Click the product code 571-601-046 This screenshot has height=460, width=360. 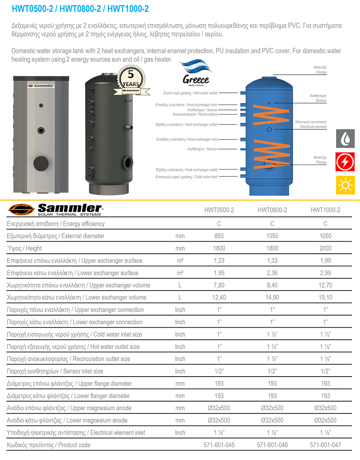click(x=272, y=445)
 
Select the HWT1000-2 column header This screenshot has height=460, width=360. click(x=325, y=210)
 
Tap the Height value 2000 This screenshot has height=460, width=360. click(x=325, y=248)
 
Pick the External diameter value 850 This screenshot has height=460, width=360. click(x=219, y=236)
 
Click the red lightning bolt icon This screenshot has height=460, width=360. click(x=345, y=162)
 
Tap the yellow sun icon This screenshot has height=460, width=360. click(x=345, y=185)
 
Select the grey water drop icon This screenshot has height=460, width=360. click(x=345, y=139)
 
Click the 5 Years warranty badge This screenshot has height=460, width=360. click(x=131, y=81)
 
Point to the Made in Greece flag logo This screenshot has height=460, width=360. click(x=196, y=73)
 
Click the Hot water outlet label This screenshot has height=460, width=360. click(x=190, y=93)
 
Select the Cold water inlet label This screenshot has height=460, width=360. click(x=186, y=177)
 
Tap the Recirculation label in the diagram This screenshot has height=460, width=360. click(x=195, y=114)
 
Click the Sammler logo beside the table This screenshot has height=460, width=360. click(x=55, y=209)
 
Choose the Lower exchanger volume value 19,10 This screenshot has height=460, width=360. click(x=325, y=297)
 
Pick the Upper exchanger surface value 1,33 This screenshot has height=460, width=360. click(x=272, y=261)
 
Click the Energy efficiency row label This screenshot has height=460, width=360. click(x=56, y=224)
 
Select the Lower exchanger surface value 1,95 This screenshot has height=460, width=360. click(x=219, y=273)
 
